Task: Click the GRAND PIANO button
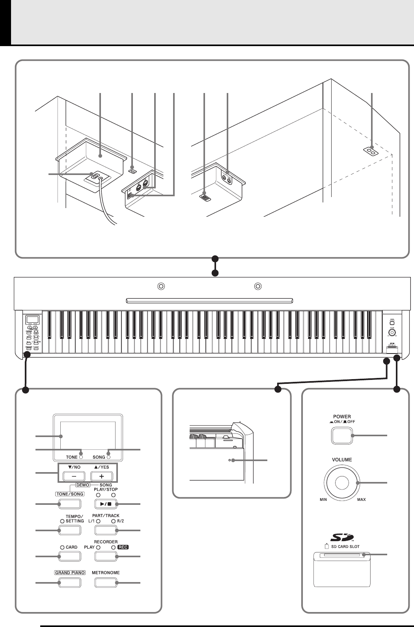(x=70, y=582)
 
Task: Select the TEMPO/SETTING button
(x=70, y=530)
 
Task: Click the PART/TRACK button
(x=106, y=530)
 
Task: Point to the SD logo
(x=342, y=537)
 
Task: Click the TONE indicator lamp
(x=80, y=457)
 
